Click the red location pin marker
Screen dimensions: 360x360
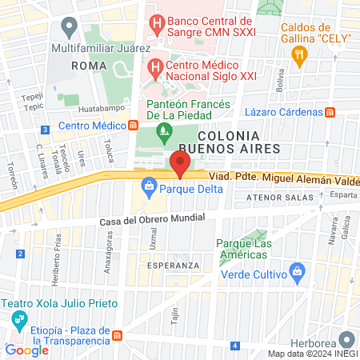point(179,162)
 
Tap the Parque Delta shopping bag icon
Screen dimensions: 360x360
point(149,190)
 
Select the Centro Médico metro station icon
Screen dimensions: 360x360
point(134,126)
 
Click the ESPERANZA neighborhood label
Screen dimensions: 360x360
point(173,266)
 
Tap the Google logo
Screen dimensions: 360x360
point(26,350)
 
